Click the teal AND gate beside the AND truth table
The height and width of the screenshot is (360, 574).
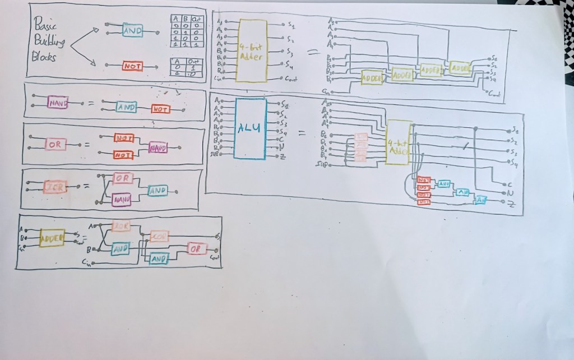pos(132,31)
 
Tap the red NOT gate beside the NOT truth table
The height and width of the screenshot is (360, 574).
pos(133,66)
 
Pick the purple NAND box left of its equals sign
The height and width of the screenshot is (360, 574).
pos(58,103)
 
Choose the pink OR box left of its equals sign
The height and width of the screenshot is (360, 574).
pos(55,144)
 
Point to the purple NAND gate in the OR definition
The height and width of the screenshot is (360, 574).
pos(157,147)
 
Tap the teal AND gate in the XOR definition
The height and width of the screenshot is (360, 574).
pos(158,191)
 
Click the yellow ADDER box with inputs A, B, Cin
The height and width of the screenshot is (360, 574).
pos(52,238)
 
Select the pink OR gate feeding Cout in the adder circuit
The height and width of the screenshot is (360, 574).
pos(197,249)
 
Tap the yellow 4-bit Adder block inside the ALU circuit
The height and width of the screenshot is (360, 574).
pos(398,142)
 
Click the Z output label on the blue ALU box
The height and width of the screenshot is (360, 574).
pos(283,155)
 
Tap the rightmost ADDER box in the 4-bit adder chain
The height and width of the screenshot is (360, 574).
pos(460,67)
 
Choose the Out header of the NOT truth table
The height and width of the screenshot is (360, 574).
pos(193,62)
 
